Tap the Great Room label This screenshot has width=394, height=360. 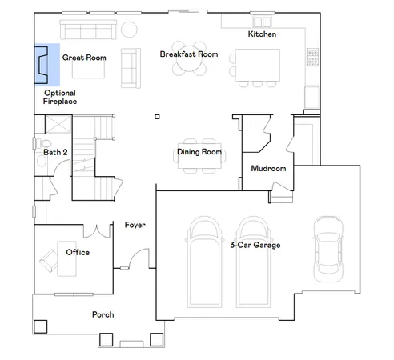[84, 58]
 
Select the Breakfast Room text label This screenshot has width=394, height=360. [188, 54]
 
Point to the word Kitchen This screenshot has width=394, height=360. [262, 34]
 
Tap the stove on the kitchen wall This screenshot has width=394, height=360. [312, 57]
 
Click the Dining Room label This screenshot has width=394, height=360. [199, 151]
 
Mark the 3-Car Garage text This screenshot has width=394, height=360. [255, 245]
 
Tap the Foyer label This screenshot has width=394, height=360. [135, 225]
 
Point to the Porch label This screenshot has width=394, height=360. [103, 314]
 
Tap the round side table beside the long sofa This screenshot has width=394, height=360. [129, 30]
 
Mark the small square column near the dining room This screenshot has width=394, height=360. [156, 118]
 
